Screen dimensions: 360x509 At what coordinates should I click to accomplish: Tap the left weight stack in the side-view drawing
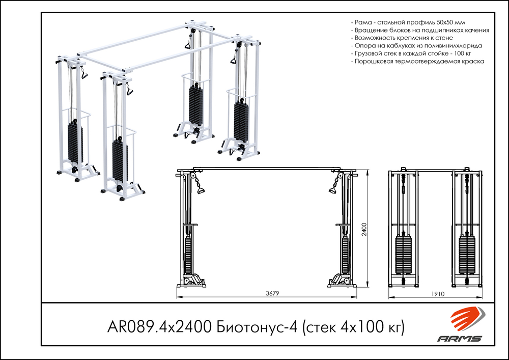tap(405, 255)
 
